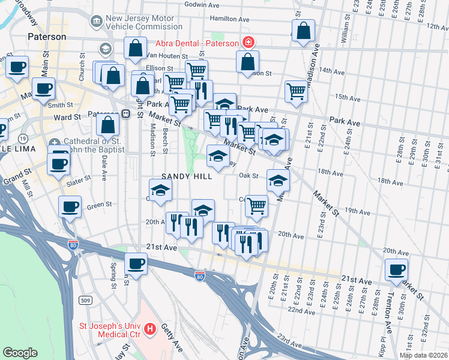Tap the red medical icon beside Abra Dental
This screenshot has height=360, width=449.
click(x=247, y=43)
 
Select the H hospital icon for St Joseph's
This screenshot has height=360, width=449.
click(x=150, y=329)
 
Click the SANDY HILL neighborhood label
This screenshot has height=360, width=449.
click(x=186, y=177)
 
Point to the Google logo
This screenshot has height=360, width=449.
click(x=20, y=353)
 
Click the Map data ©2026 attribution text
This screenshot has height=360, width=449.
click(x=424, y=355)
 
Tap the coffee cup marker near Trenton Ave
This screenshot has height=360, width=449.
click(x=396, y=270)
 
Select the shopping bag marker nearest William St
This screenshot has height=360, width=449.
click(x=304, y=31)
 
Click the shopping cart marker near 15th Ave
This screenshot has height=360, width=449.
click(x=296, y=92)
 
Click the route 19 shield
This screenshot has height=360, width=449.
click(x=23, y=138)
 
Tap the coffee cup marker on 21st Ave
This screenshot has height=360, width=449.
click(x=136, y=264)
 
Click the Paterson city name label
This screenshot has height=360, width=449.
click(x=47, y=37)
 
